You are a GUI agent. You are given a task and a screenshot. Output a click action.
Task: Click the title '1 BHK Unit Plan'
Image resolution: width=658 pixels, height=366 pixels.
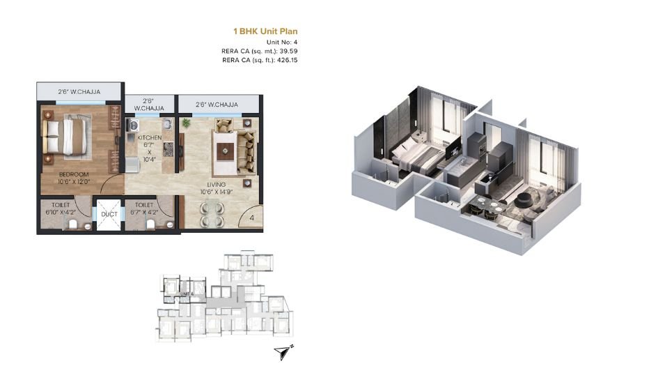pos(265,31)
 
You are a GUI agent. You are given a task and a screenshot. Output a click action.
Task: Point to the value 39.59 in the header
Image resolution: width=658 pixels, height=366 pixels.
pos(287,51)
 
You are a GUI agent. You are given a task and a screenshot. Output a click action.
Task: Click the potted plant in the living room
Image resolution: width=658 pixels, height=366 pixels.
pos(186,123)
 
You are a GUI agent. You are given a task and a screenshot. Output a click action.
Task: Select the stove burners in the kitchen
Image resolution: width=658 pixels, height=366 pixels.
pos(133,125)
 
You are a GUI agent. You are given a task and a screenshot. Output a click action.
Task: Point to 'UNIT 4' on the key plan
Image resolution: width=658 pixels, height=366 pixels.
pos(186,293)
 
